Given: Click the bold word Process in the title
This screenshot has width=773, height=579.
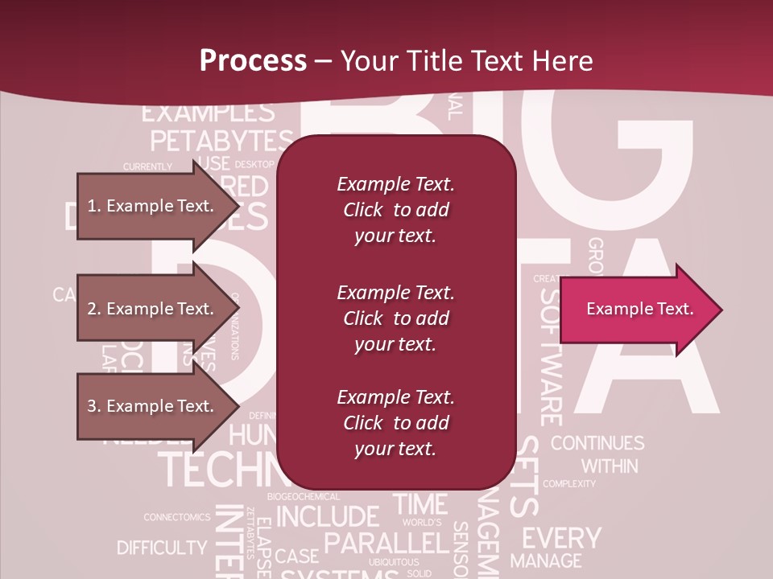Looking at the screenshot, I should click(253, 60).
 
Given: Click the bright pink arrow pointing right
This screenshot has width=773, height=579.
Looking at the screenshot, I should click(640, 310).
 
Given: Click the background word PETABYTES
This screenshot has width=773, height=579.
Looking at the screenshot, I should click(222, 141).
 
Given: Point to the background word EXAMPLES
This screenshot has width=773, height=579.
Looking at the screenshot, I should click(208, 112).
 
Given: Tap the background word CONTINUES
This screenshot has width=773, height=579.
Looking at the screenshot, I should click(597, 443).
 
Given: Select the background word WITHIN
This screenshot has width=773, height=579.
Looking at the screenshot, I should click(610, 466).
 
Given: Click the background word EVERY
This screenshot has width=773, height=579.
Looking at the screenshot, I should click(561, 537).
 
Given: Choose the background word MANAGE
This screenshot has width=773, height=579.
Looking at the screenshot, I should click(546, 561).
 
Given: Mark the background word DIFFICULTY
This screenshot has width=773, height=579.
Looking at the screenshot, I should click(162, 548).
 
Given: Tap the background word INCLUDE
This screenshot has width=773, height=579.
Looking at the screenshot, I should click(328, 515).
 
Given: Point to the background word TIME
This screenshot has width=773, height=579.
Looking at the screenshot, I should click(420, 504).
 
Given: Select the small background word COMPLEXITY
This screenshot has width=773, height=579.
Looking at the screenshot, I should click(569, 484).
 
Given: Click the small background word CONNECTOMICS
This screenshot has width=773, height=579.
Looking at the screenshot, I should click(177, 517).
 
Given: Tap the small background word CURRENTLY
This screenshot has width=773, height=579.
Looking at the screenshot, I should click(147, 166).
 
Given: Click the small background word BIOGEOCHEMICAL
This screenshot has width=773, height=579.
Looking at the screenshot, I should click(304, 497).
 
